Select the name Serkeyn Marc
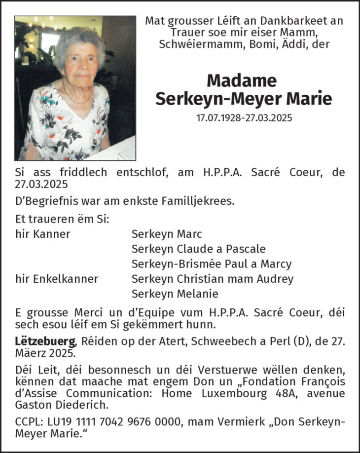click(x=167, y=234)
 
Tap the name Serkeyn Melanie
click(x=175, y=294)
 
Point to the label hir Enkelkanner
click(x=57, y=279)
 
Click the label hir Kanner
click(x=43, y=234)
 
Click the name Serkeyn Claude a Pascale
click(x=198, y=249)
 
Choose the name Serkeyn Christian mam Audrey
click(x=212, y=279)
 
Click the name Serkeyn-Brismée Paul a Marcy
click(x=211, y=264)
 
